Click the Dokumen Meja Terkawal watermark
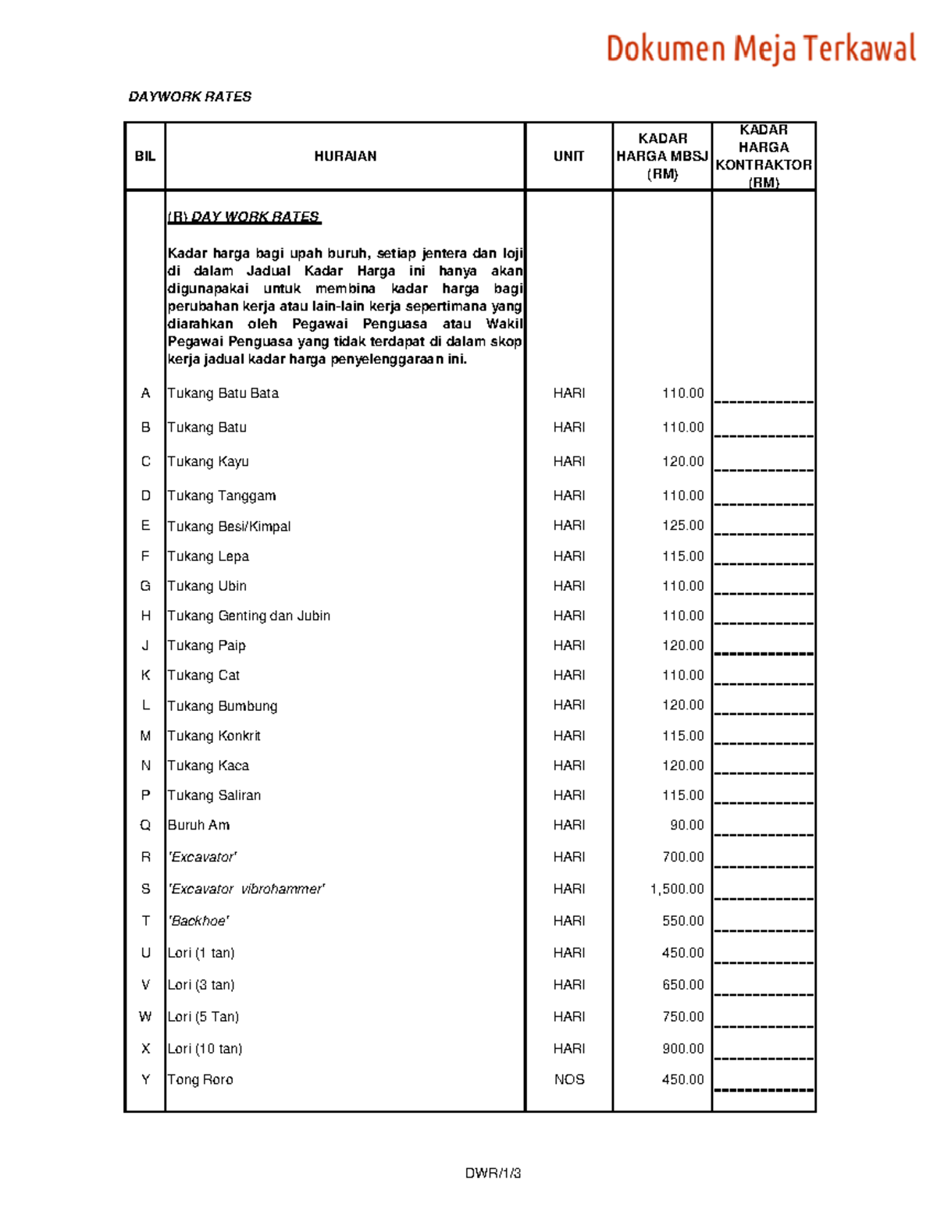point(761,48)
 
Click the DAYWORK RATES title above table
point(190,97)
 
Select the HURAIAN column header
point(345,156)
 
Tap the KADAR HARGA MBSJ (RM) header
point(662,156)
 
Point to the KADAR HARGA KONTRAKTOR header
point(764,156)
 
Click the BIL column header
point(145,156)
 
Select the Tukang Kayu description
point(208,461)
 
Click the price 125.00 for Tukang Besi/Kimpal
point(682,525)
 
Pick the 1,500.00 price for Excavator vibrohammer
point(676,889)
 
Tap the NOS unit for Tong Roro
point(569,1079)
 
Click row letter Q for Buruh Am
point(145,825)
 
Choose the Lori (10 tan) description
point(205,1049)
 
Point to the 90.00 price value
point(686,825)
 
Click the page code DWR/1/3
point(493,1173)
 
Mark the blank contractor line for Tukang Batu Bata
point(764,400)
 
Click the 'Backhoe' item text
point(198,921)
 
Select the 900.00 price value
point(682,1049)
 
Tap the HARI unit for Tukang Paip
point(569,645)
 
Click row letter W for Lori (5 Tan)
point(145,1017)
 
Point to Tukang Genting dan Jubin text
point(249,616)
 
